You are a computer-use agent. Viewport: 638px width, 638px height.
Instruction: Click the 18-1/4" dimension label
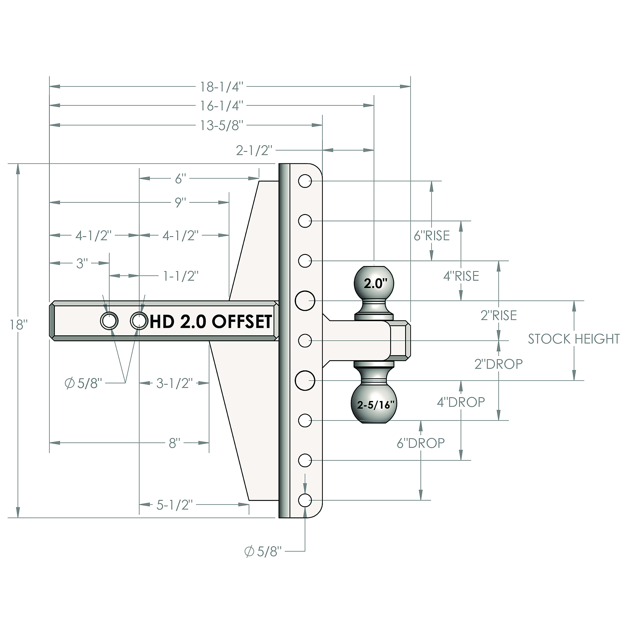coord(222,87)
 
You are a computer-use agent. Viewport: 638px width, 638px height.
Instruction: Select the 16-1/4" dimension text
coord(222,106)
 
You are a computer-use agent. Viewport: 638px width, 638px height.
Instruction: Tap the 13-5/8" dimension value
coord(222,125)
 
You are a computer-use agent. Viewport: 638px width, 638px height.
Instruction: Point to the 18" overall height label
coord(19,325)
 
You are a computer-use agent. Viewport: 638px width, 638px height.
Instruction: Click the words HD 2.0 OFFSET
coord(211,321)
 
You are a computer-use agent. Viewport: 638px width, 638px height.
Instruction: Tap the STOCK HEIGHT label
coord(574,339)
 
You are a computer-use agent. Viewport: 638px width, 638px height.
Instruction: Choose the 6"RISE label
coord(432,236)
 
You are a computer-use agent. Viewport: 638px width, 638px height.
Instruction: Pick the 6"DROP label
coord(421,443)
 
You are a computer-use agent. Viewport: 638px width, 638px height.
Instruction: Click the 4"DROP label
coord(461,402)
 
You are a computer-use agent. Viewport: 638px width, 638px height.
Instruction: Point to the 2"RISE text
coord(499,315)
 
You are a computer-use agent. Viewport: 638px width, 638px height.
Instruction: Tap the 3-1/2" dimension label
coord(174,383)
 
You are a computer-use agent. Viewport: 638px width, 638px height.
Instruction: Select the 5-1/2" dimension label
coord(174,505)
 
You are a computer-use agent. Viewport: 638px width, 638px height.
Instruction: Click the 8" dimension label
coord(174,443)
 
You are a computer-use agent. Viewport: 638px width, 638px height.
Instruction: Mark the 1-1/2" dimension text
coord(181,276)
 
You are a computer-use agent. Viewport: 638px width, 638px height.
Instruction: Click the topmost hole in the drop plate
coord(305,181)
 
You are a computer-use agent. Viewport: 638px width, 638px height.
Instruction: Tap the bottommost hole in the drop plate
coord(305,500)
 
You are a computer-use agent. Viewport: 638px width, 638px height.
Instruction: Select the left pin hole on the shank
coord(109,321)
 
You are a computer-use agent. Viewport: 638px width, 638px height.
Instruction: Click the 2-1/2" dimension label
coord(254,151)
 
